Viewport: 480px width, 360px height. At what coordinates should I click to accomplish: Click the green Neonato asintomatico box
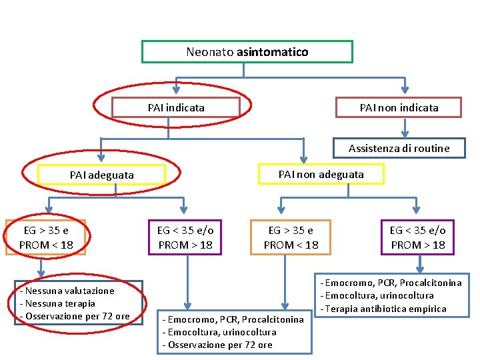tap(247, 51)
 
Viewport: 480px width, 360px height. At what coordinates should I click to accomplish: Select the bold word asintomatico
tap(272, 51)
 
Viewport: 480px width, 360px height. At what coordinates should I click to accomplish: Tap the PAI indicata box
tap(176, 107)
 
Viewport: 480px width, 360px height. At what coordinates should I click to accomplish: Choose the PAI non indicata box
tap(399, 107)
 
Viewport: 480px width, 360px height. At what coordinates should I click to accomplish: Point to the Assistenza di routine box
tap(399, 148)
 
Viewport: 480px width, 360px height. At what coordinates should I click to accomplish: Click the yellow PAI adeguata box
tap(101, 175)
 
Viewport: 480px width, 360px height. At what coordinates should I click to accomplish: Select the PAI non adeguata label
tap(321, 174)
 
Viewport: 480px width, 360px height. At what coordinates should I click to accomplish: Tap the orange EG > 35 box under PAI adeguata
tap(46, 237)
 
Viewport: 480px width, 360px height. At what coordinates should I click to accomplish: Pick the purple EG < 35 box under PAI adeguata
tap(185, 237)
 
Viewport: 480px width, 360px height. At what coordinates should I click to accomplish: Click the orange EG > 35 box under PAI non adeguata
tap(291, 237)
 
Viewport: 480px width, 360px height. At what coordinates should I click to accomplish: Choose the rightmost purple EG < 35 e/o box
tap(418, 237)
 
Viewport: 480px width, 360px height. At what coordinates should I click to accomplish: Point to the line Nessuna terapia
tap(60, 303)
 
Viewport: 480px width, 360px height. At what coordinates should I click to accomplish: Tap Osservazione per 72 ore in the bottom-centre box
tap(220, 345)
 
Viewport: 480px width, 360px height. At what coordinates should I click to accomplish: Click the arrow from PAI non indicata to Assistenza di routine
tap(404, 128)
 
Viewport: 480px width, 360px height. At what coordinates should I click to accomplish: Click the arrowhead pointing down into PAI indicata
tap(176, 89)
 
